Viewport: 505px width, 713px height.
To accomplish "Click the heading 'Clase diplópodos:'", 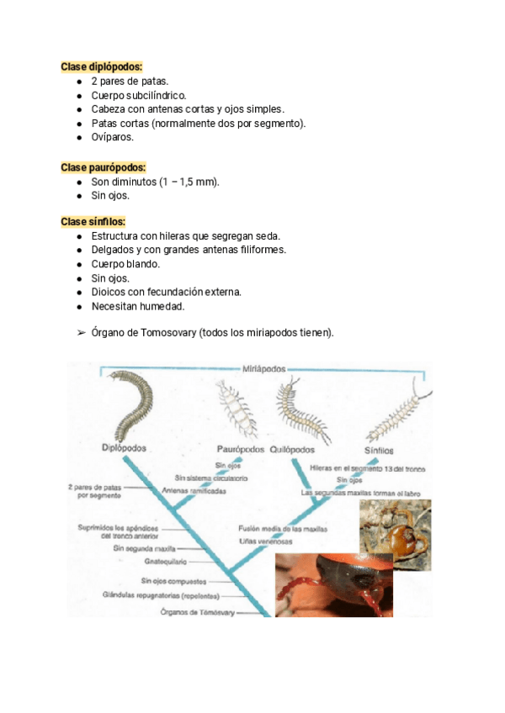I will [x=102, y=66].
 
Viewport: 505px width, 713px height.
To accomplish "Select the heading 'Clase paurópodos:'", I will [x=103, y=167].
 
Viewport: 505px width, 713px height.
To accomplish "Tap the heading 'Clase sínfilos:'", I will [x=93, y=222].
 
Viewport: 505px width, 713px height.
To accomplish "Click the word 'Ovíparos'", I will [x=112, y=138].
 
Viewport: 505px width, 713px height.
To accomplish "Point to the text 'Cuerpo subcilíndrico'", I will [x=138, y=95].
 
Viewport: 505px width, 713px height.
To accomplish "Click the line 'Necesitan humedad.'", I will [x=138, y=306].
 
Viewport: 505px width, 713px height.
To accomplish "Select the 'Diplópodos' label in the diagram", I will [x=124, y=447].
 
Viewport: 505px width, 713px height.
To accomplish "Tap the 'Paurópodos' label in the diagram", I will [x=240, y=449].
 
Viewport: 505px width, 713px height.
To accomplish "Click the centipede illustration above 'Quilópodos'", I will [x=298, y=405].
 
